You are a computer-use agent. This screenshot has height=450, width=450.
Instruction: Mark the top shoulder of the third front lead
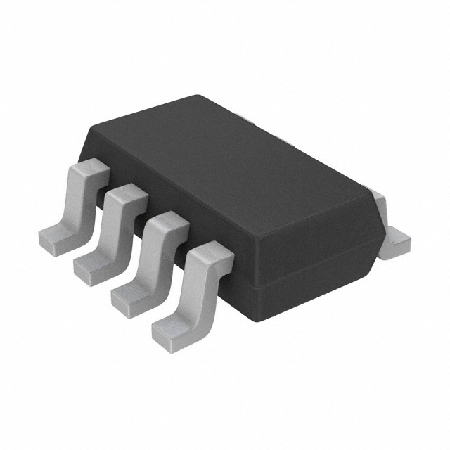[x=167, y=224]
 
